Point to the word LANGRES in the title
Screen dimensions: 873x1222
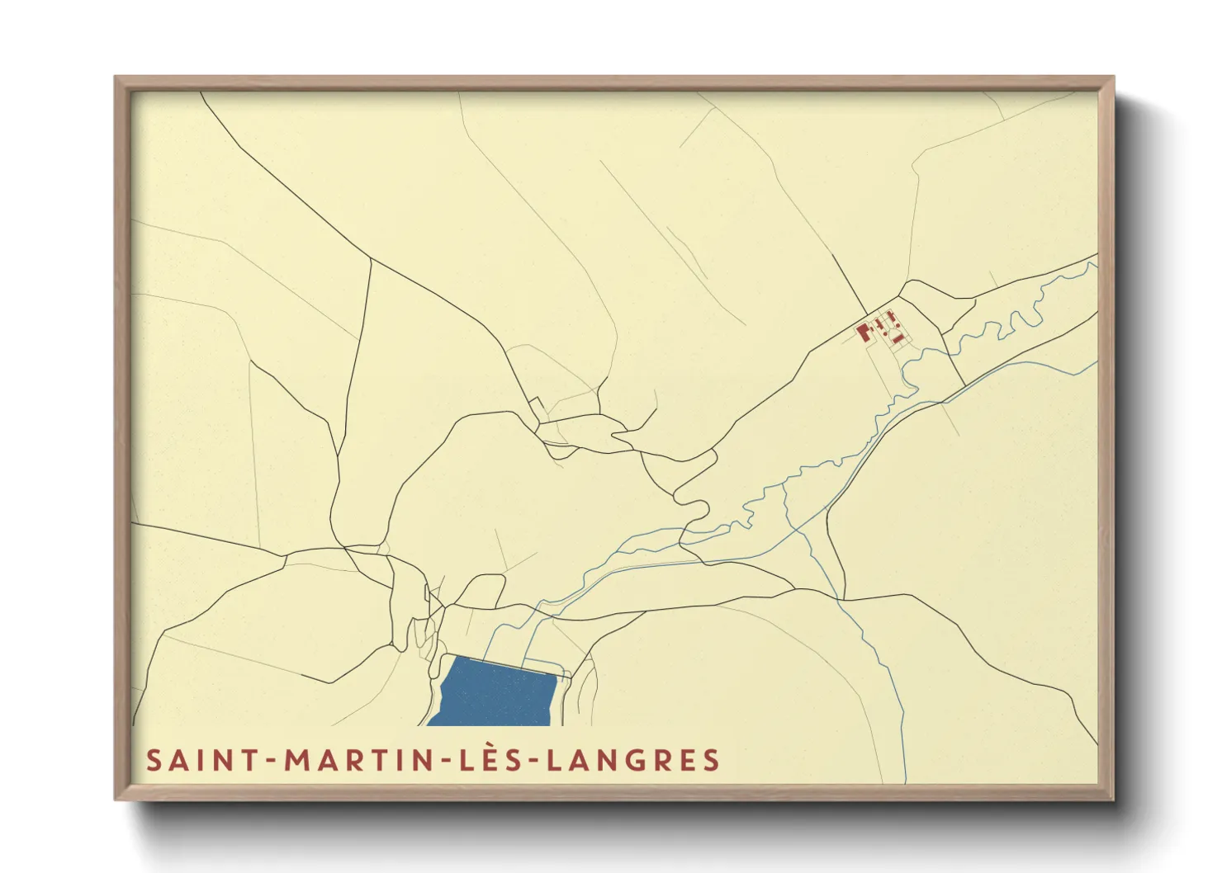pos(633,760)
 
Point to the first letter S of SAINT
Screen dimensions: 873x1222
pos(154,760)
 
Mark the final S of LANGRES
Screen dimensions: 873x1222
pos(712,760)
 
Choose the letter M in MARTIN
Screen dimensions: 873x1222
pos(297,760)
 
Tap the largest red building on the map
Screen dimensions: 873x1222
pos(864,333)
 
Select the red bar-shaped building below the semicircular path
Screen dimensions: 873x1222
pos(895,338)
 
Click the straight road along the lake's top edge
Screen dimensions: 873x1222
pos(504,663)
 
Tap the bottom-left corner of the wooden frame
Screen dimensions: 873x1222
pos(116,798)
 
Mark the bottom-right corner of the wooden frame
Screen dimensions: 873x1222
pos(1113,798)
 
